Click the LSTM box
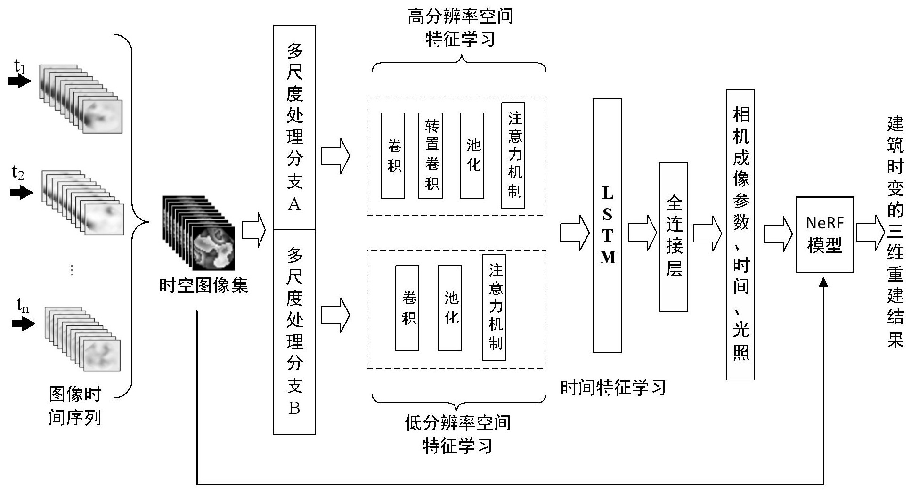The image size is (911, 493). click(607, 225)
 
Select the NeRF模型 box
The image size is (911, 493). click(824, 234)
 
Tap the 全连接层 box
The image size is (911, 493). click(673, 237)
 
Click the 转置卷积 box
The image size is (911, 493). click(431, 155)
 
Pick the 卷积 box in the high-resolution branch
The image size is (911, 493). click(392, 155)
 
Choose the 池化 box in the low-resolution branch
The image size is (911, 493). click(449, 308)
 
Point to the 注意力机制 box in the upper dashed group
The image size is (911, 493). click(513, 155)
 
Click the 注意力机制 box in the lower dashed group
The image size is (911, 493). click(494, 308)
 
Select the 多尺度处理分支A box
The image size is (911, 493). click(294, 128)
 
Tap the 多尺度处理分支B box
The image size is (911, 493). click(294, 332)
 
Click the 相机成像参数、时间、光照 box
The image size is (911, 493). click(740, 234)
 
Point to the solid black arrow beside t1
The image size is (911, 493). click(19, 81)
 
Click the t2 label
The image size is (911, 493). click(18, 173)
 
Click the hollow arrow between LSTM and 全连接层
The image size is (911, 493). click(643, 233)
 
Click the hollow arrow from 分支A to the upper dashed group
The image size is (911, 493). click(335, 156)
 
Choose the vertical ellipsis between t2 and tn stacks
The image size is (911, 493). click(72, 270)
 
